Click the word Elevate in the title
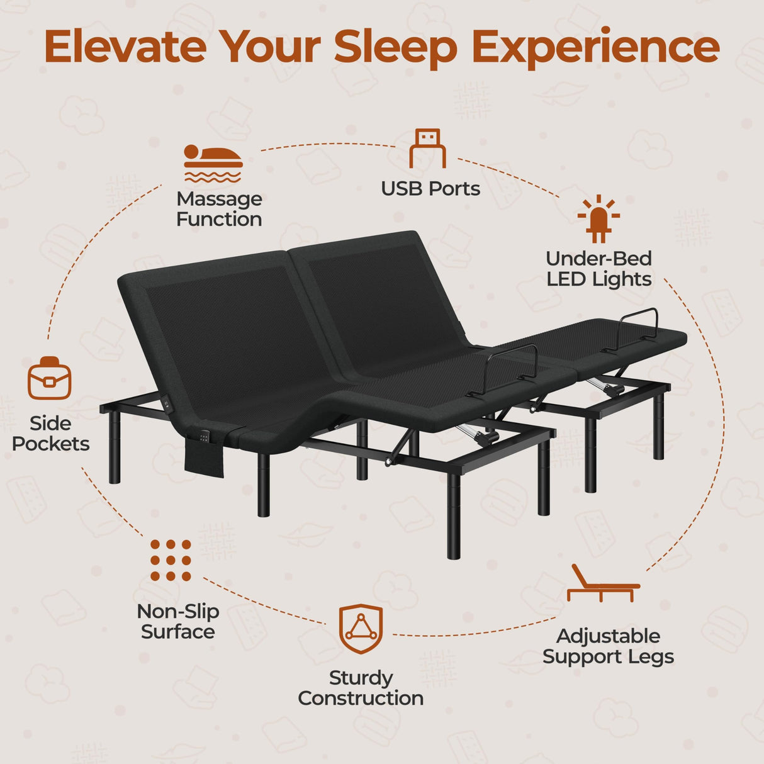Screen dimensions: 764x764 click(x=125, y=47)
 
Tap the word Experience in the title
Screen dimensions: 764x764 click(x=595, y=48)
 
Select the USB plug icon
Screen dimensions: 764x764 click(x=427, y=149)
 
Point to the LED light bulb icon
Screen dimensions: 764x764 click(x=598, y=219)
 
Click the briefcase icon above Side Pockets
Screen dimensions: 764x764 click(x=49, y=378)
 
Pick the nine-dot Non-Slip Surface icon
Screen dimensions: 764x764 click(x=171, y=560)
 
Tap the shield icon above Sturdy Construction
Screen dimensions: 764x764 click(x=361, y=629)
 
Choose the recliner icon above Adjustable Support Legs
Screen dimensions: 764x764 click(x=602, y=584)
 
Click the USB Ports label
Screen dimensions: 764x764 click(x=430, y=189)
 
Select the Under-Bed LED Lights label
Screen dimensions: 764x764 click(x=598, y=269)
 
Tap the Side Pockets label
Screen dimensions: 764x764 click(x=50, y=434)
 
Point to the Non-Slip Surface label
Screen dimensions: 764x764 click(x=178, y=621)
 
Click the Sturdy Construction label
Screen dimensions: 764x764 click(x=361, y=688)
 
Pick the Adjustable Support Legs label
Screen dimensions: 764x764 click(x=608, y=646)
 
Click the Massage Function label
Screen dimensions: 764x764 click(x=219, y=209)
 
